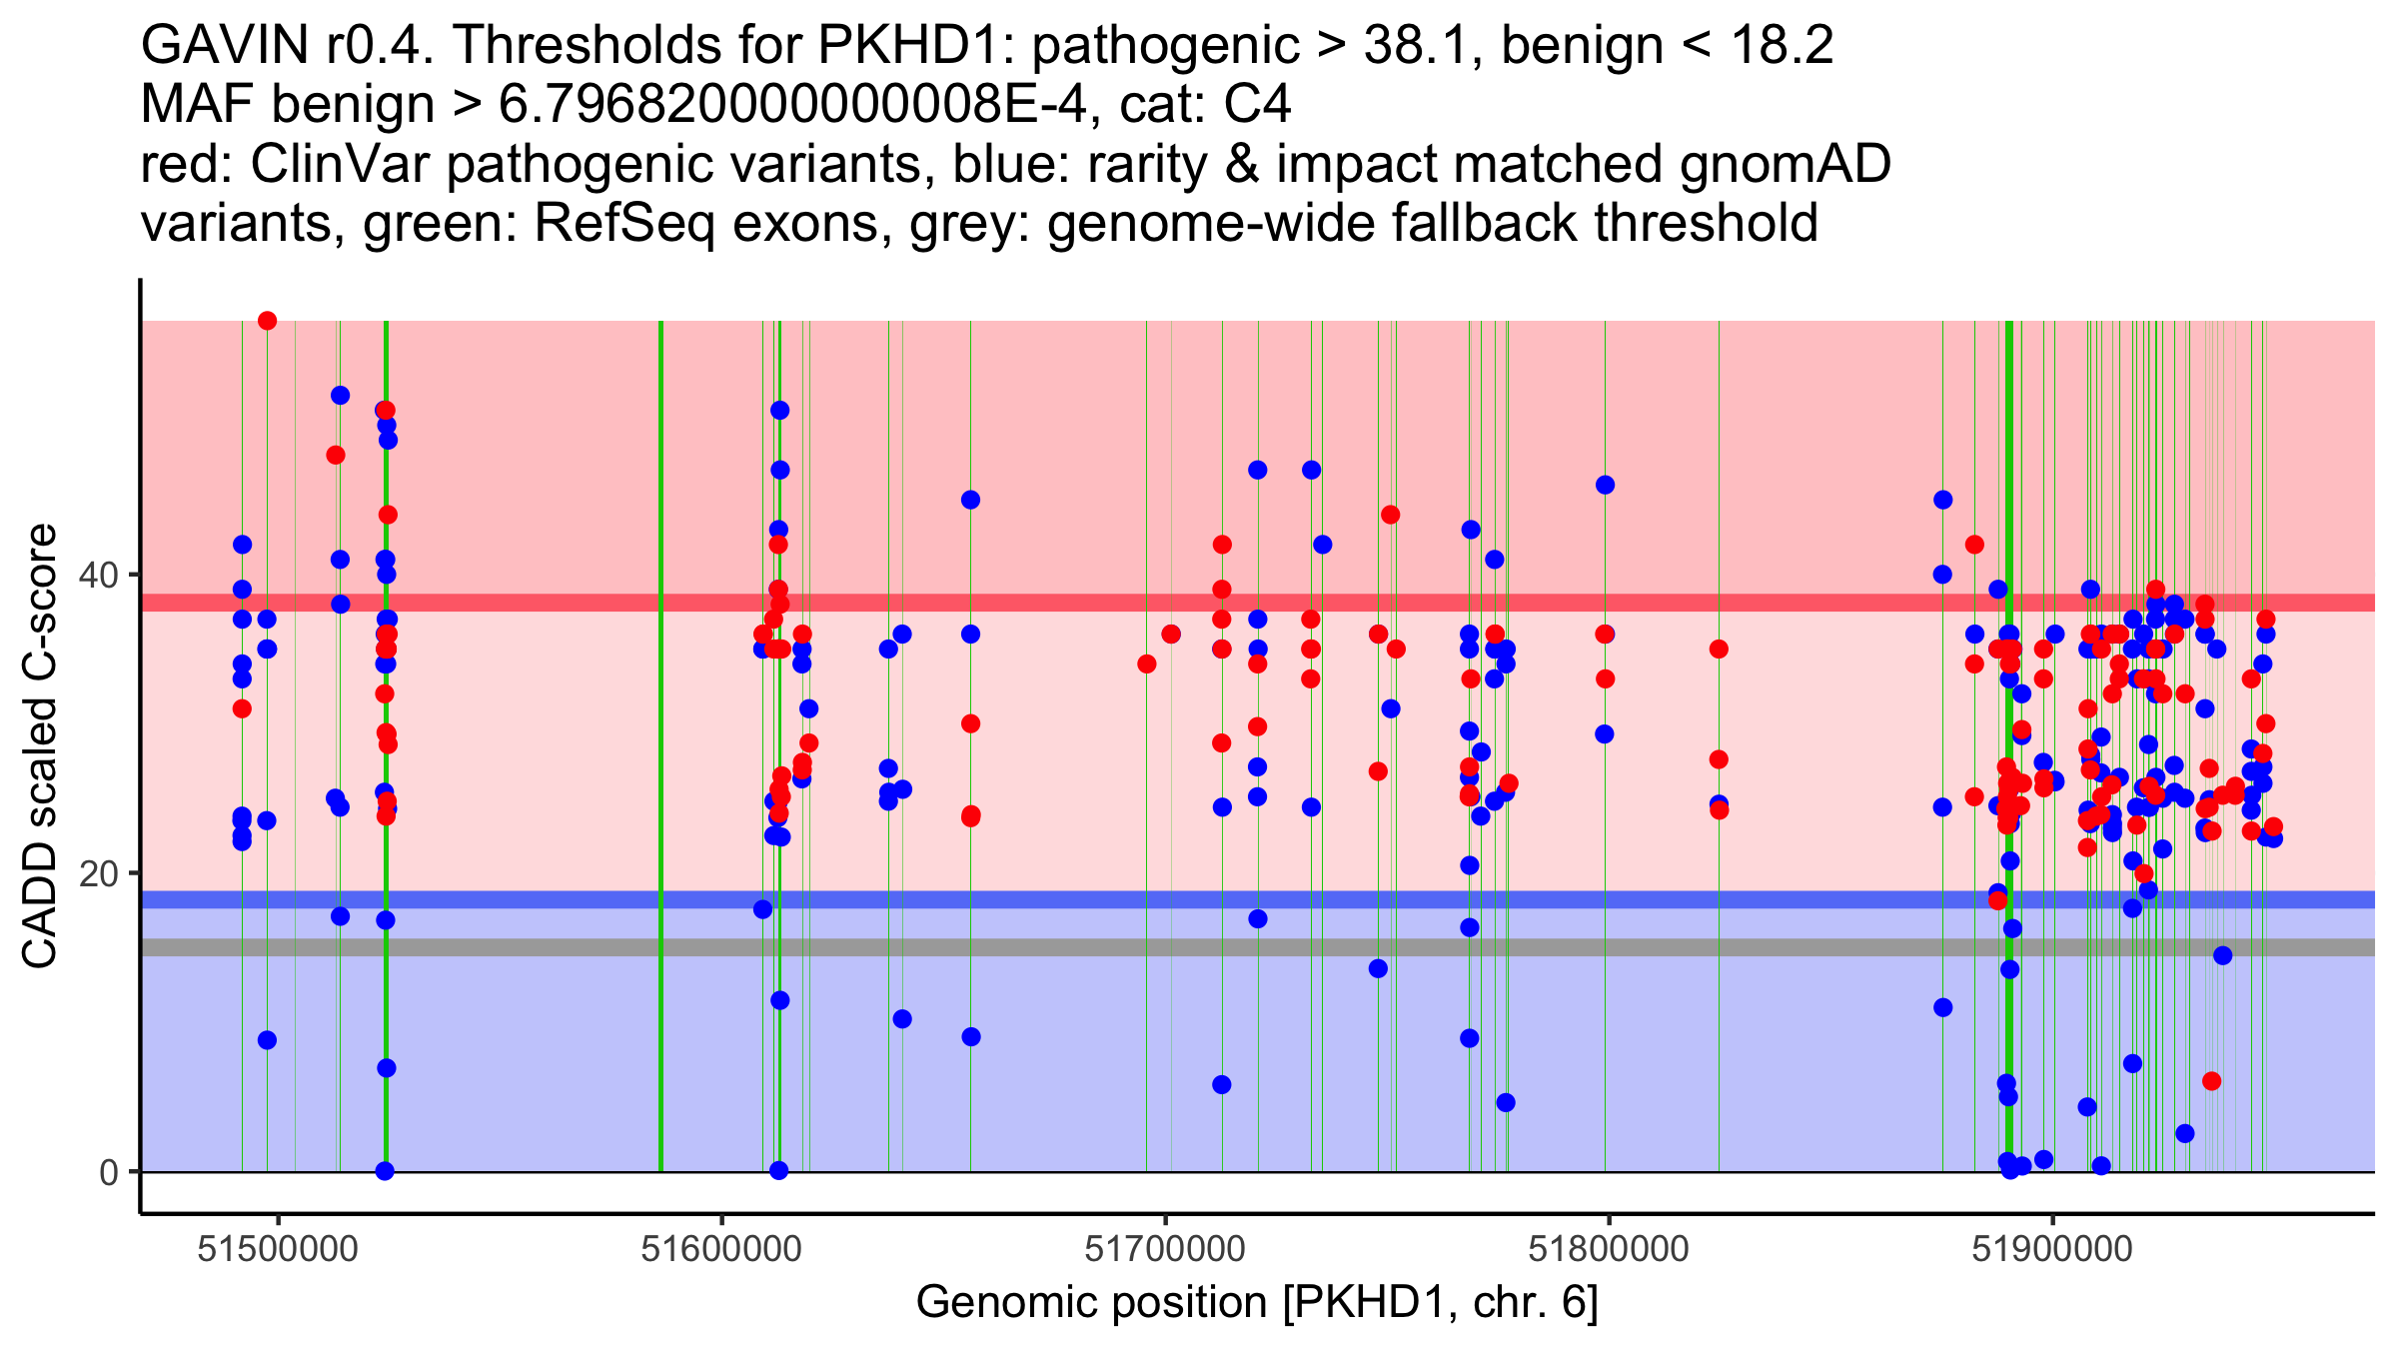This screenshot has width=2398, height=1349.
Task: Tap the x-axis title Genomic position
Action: [1257, 1303]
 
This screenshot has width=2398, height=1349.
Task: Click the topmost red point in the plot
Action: [267, 321]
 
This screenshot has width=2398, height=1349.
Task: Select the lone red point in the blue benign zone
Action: [2211, 1081]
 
